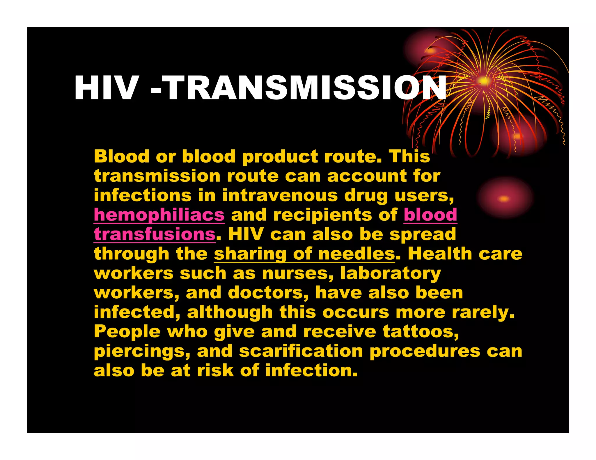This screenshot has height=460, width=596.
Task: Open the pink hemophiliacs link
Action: [159, 215]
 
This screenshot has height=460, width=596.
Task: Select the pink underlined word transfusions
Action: [155, 235]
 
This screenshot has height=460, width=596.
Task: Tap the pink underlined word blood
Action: [430, 215]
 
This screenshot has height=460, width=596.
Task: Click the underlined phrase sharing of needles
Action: [304, 254]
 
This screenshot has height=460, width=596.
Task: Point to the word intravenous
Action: [280, 195]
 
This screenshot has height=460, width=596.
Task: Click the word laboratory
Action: [391, 274]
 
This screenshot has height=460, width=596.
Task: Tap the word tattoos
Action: [421, 332]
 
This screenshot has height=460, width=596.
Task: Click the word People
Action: [127, 332]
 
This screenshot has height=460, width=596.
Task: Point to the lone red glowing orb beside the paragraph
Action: [504, 199]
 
